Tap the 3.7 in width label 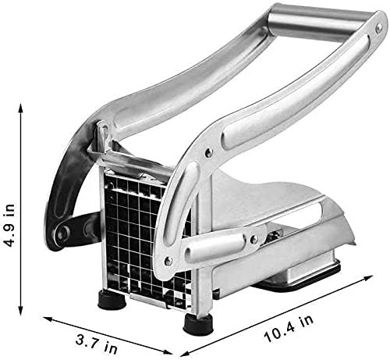97,343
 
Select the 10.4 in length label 289,329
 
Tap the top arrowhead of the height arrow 21,108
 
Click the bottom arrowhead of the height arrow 21,311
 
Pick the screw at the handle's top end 378,27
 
